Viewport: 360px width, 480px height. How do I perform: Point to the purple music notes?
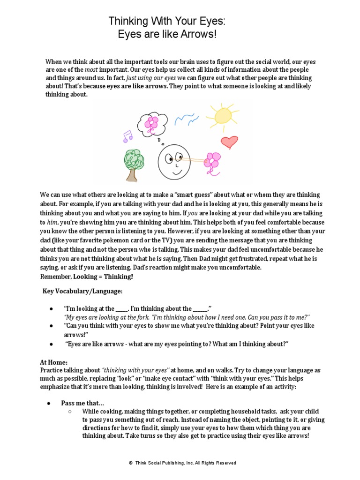click(127, 136)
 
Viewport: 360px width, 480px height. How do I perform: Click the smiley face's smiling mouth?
click(172, 172)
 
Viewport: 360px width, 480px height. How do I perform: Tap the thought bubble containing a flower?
click(152, 123)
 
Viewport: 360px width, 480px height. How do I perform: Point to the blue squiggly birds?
click(186, 117)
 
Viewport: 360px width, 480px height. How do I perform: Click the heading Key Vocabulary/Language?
click(82, 291)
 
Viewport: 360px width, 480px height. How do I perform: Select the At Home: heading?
click(53, 362)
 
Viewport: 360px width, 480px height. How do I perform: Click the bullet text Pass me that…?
click(82, 403)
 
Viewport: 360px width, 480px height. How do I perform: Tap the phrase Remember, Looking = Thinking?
click(86, 276)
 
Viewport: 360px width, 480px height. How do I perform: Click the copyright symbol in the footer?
click(130, 463)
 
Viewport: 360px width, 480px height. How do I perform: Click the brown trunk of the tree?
click(133, 174)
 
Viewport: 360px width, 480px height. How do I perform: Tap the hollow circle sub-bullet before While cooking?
click(69, 412)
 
